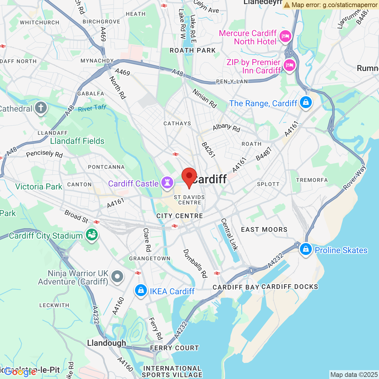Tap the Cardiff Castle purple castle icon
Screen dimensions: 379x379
[x=167, y=182]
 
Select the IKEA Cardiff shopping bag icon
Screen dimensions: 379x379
[x=141, y=290]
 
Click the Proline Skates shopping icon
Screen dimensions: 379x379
[x=306, y=249]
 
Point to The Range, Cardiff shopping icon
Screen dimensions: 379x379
[x=306, y=103]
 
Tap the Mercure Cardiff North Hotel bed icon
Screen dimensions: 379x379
[x=285, y=36]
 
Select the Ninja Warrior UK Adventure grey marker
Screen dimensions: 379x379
[x=117, y=277]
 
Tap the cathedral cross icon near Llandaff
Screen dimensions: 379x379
[x=41, y=108]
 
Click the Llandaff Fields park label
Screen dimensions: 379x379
[x=77, y=141]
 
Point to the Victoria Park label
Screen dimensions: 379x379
[x=39, y=187]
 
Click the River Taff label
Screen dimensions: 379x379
[x=92, y=108]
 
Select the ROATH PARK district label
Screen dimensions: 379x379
[x=193, y=50]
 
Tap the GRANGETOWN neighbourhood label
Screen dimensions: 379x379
[x=150, y=258]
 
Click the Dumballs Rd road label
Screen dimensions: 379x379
[x=195, y=263]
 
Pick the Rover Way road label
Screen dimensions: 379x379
[x=355, y=178]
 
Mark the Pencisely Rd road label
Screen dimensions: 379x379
[x=44, y=154]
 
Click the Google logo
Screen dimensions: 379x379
[x=20, y=372]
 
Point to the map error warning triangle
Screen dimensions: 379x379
[x=287, y=5]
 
